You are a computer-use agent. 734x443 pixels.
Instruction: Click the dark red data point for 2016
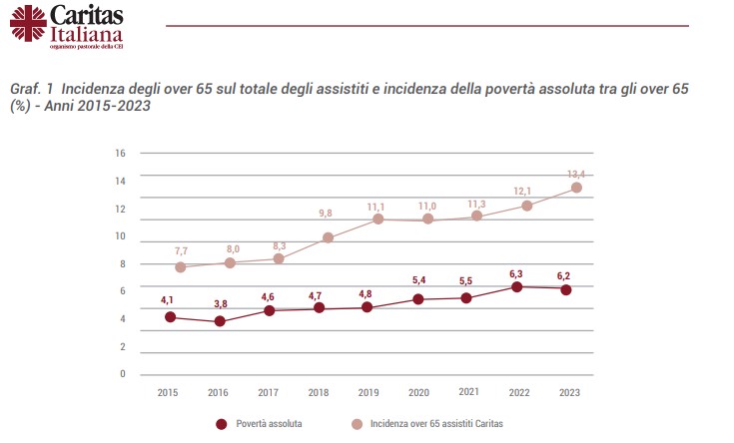pyautogui.click(x=220, y=321)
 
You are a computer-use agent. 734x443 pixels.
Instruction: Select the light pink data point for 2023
pyautogui.click(x=576, y=188)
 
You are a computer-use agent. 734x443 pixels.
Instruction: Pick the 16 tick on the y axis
pyautogui.click(x=120, y=154)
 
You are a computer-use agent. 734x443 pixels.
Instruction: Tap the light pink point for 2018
pyautogui.click(x=328, y=237)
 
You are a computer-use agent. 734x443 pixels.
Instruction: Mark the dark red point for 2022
pyautogui.click(x=517, y=287)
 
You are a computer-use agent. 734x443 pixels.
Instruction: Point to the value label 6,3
pyautogui.click(x=517, y=272)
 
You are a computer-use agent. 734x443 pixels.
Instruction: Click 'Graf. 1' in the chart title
pyautogui.click(x=32, y=90)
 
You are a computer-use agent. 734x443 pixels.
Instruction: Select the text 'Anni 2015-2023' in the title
pyautogui.click(x=99, y=107)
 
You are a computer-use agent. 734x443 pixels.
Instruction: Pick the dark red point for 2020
pyautogui.click(x=417, y=299)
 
